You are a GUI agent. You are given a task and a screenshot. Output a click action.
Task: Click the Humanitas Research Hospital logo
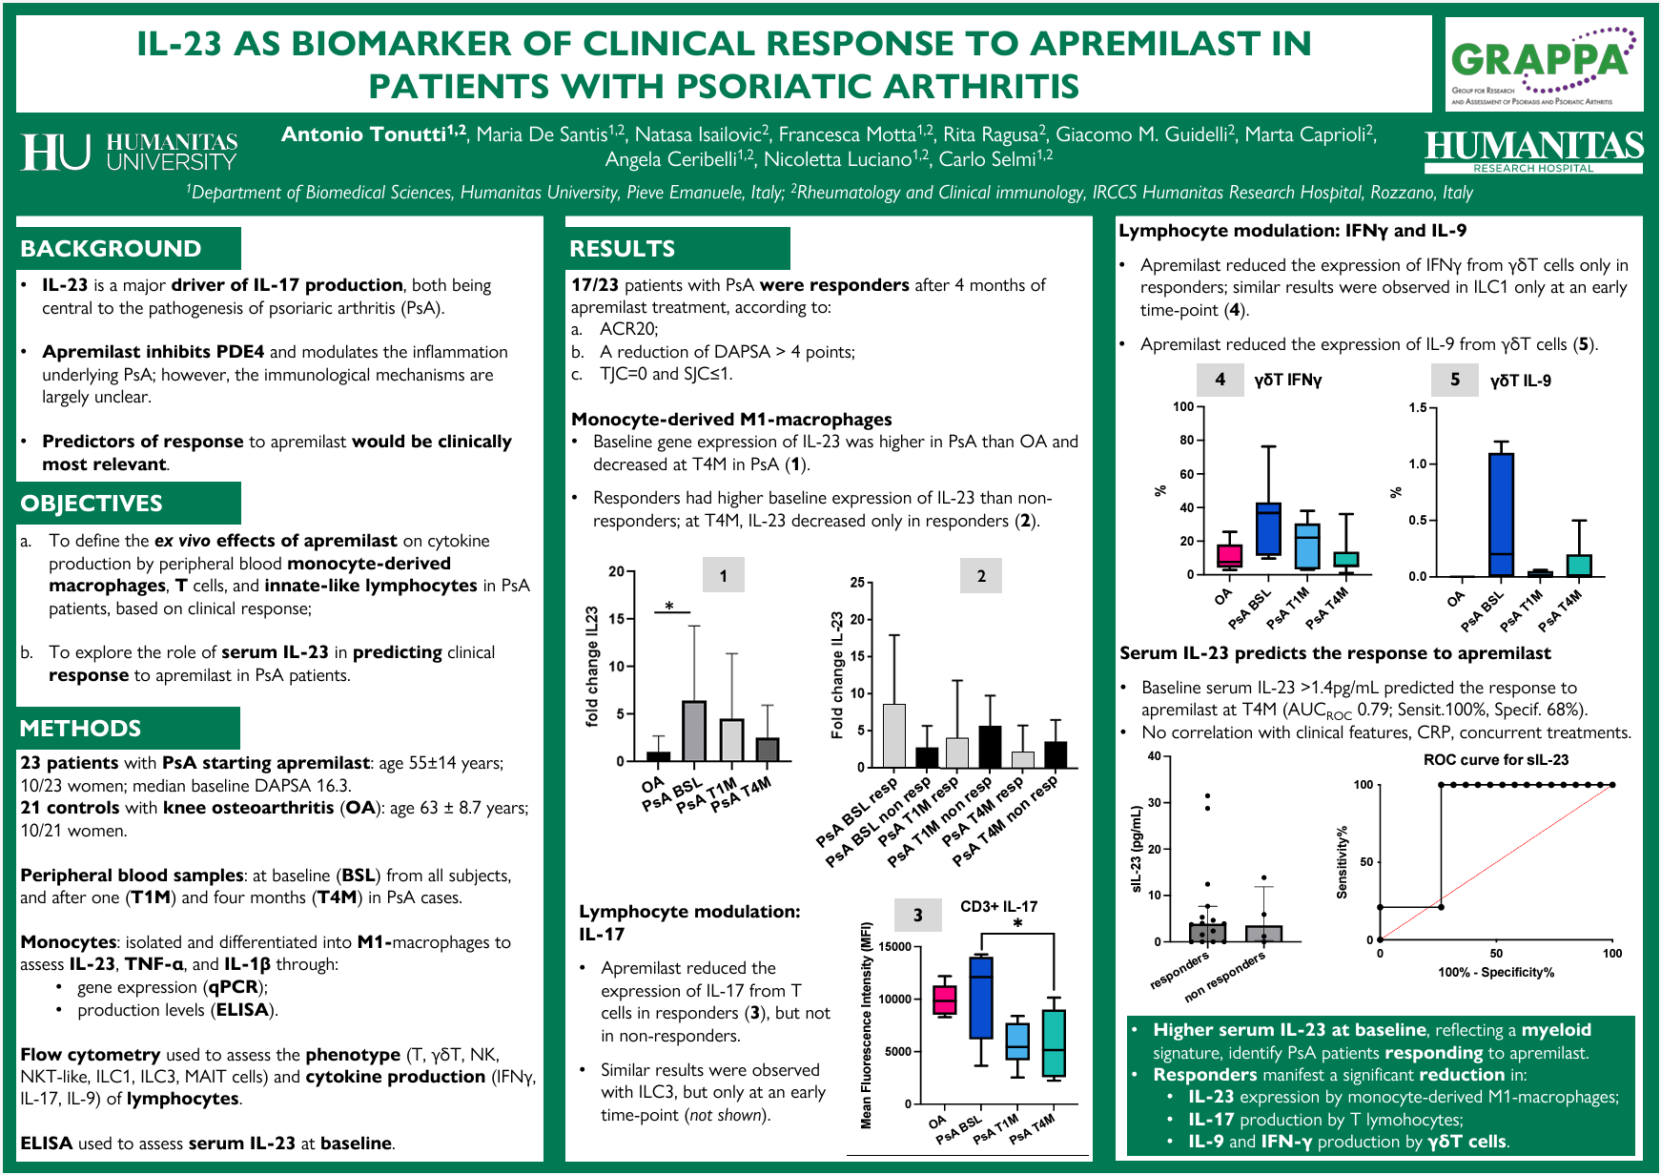click(1533, 151)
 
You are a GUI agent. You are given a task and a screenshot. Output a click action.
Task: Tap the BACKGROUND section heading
click(112, 249)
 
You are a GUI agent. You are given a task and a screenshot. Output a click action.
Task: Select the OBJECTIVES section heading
click(92, 504)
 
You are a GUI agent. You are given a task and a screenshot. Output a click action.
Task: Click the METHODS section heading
click(81, 729)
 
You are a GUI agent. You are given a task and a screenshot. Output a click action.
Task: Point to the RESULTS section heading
click(622, 249)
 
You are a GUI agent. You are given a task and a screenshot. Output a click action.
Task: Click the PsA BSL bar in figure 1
click(694, 731)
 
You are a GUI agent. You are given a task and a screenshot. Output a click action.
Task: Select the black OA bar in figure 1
click(658, 756)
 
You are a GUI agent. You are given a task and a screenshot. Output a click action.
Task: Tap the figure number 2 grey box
click(981, 575)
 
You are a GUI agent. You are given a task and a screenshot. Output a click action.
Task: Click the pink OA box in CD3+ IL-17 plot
click(944, 1000)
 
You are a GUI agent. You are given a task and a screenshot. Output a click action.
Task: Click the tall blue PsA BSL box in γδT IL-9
click(1501, 514)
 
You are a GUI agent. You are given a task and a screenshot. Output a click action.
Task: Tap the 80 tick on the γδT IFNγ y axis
click(1186, 441)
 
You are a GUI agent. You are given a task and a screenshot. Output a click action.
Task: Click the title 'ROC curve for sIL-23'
click(1495, 760)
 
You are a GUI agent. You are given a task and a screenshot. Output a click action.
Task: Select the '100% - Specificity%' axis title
click(1495, 973)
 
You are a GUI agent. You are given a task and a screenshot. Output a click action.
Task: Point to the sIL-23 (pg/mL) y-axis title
click(1136, 849)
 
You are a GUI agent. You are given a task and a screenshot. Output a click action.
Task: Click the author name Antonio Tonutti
click(373, 134)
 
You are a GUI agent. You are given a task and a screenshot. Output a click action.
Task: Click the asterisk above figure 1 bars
click(669, 607)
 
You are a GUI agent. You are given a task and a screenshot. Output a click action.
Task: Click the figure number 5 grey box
click(1455, 380)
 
